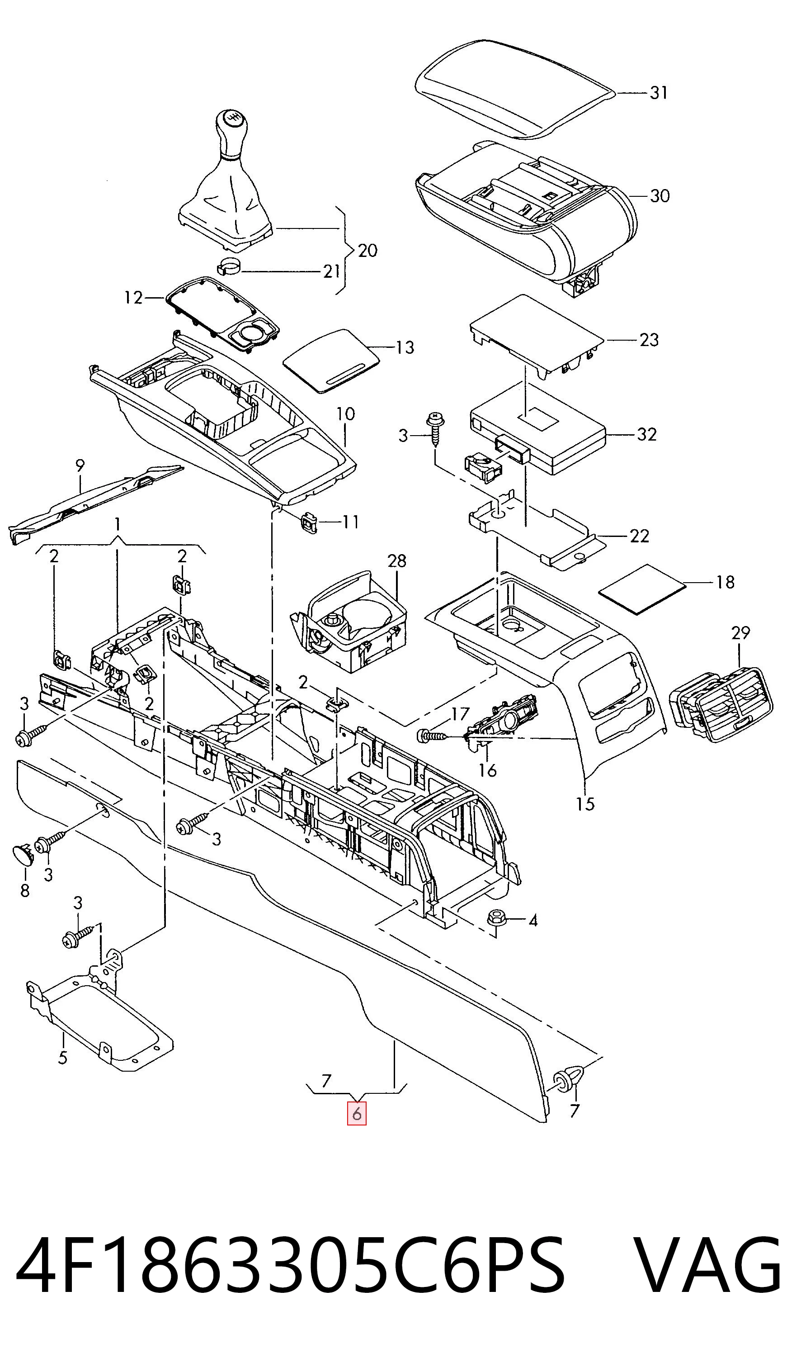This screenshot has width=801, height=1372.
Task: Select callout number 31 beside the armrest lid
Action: pyautogui.click(x=659, y=93)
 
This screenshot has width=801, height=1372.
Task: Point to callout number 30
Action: pyautogui.click(x=660, y=195)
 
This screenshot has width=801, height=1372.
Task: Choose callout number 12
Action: pyautogui.click(x=133, y=298)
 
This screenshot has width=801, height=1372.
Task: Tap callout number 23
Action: pyautogui.click(x=649, y=340)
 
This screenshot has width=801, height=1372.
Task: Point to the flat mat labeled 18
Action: pyautogui.click(x=641, y=589)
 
